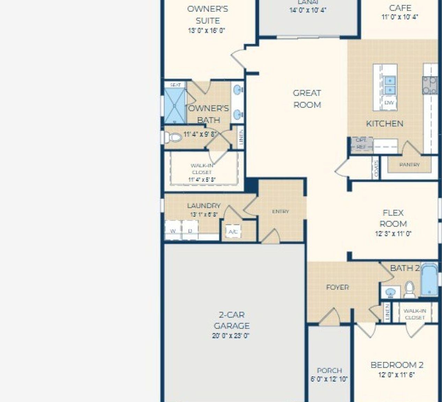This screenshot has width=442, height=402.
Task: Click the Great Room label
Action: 307,99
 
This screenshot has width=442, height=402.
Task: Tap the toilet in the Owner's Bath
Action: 172,137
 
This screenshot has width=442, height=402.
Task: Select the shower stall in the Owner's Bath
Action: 175,105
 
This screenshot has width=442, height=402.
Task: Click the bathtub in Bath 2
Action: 429,280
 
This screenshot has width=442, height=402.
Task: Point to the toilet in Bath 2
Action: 410,290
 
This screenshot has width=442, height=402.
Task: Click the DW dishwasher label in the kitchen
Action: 389,103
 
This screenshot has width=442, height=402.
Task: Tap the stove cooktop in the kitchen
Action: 430,85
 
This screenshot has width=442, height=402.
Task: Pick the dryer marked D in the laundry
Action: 190,231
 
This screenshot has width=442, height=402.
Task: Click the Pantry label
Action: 409,164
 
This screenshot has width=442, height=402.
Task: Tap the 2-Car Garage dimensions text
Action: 231,336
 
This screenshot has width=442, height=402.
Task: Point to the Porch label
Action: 329,371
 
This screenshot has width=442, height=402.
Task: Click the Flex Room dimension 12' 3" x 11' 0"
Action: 393,234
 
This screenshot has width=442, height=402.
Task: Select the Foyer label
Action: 337,287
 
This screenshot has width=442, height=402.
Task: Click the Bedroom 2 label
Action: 397,365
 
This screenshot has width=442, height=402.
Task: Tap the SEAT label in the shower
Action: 175,85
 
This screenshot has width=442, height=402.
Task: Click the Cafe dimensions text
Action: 400,17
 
